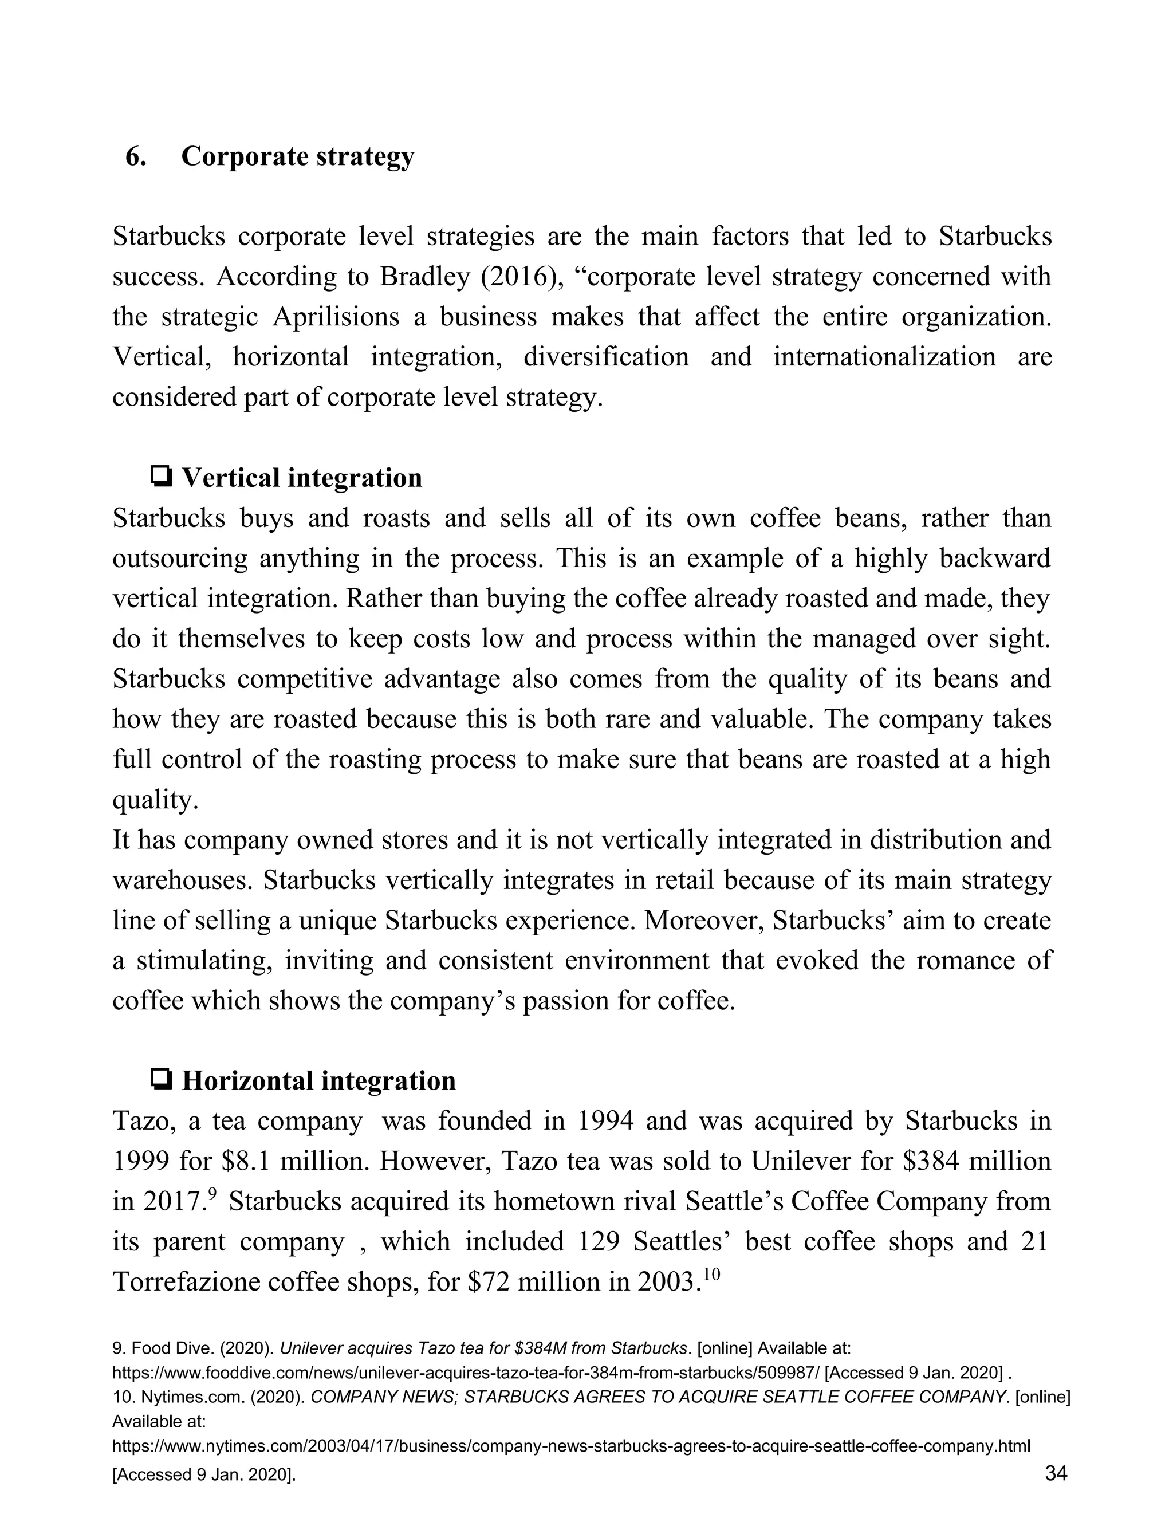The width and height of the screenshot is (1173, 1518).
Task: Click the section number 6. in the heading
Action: coord(136,157)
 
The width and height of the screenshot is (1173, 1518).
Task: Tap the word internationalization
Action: coord(884,357)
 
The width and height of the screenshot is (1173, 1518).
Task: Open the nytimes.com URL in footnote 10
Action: coord(570,1446)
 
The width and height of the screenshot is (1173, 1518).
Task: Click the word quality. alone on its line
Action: coord(156,800)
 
